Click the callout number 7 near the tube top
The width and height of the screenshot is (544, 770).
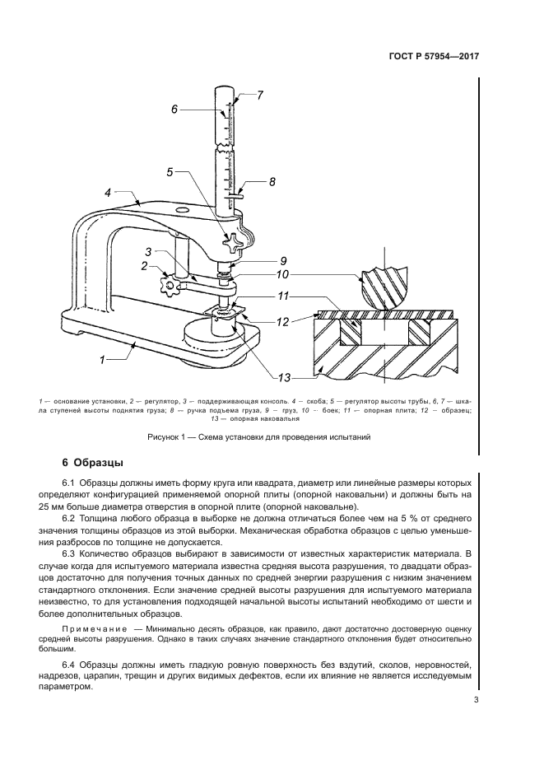click(x=260, y=95)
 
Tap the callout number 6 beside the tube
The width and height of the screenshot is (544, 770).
click(x=174, y=109)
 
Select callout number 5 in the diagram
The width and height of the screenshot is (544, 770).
click(x=170, y=172)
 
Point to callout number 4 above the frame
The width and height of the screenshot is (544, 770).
click(x=108, y=192)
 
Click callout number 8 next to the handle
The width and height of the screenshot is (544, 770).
click(x=272, y=181)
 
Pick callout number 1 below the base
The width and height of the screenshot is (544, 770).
click(x=103, y=360)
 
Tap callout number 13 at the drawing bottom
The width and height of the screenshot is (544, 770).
click(x=285, y=378)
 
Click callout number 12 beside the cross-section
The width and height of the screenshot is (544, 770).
click(x=282, y=322)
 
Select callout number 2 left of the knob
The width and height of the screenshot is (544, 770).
click(x=144, y=266)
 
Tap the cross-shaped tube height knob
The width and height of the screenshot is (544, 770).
click(x=232, y=243)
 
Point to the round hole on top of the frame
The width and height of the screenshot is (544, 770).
click(x=183, y=211)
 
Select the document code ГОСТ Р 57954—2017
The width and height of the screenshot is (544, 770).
click(x=434, y=56)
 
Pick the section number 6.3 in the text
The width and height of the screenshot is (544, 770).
click(x=68, y=555)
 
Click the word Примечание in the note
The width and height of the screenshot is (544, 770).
click(x=95, y=629)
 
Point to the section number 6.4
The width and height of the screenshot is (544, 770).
click(x=68, y=666)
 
